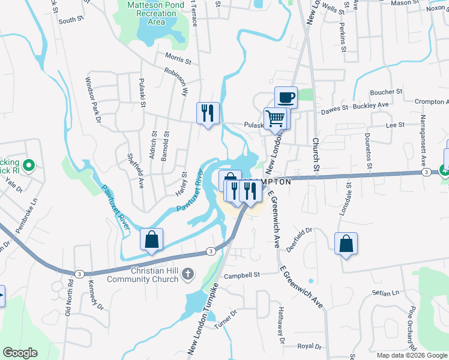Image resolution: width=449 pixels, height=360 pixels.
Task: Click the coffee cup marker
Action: pyautogui.click(x=286, y=97)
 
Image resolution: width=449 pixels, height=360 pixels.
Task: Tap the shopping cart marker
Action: pyautogui.click(x=276, y=118)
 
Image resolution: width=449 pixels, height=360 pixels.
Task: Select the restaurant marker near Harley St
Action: pyautogui.click(x=208, y=113)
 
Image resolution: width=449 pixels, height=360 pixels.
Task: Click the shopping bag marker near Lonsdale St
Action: pyautogui.click(x=346, y=244)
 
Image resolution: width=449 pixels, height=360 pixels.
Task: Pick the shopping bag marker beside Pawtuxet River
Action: pyautogui.click(x=151, y=239)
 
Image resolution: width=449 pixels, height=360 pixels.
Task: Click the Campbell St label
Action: pyautogui.click(x=241, y=275)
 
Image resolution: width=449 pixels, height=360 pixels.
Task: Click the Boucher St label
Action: pyautogui.click(x=386, y=92)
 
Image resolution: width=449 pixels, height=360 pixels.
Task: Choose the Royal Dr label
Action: pyautogui.click(x=310, y=346)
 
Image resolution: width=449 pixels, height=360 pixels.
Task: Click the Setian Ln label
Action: pyautogui.click(x=385, y=293)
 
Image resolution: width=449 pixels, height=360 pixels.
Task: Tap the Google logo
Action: pyautogui.click(x=20, y=353)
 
